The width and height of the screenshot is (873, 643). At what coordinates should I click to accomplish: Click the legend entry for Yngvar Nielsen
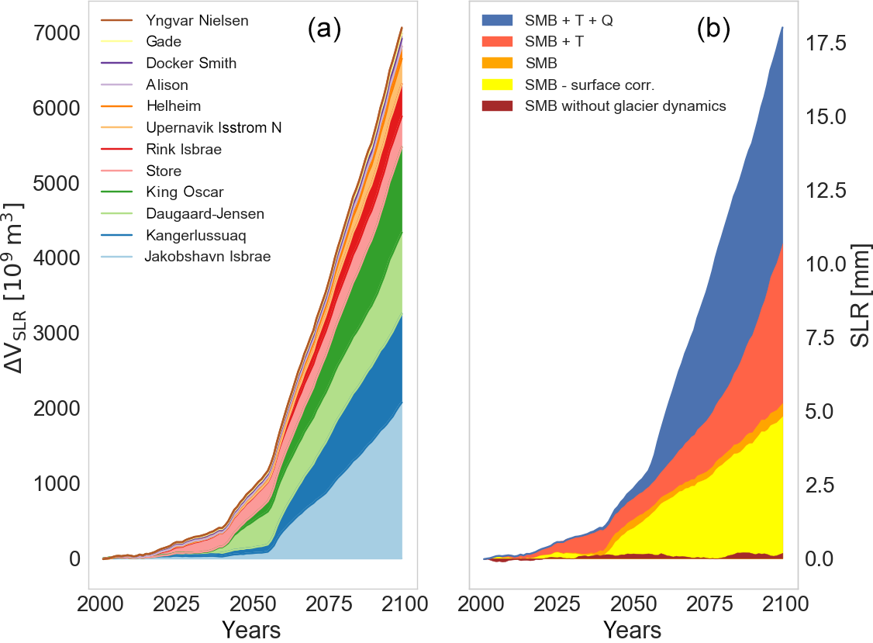click(197, 21)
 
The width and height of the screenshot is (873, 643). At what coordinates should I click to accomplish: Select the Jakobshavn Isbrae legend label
click(208, 256)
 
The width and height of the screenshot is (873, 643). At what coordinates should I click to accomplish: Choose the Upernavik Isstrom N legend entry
click(213, 127)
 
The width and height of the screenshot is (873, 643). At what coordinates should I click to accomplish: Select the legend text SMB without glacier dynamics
click(625, 106)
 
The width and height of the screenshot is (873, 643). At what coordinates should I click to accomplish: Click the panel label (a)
click(324, 30)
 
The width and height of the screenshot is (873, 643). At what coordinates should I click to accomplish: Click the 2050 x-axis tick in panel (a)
click(250, 605)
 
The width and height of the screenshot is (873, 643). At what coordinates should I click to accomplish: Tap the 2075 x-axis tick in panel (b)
click(707, 605)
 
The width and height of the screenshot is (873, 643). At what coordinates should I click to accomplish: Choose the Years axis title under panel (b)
click(632, 629)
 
